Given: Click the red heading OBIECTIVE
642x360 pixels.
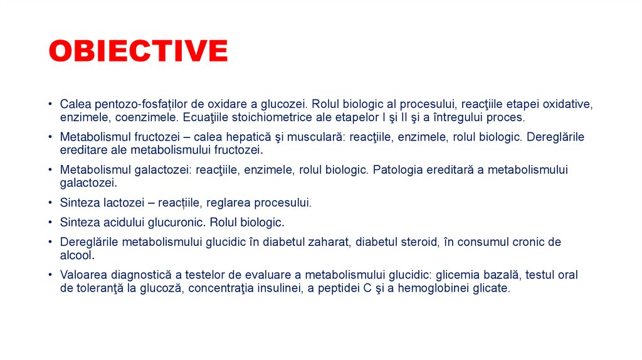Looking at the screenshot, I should tap(138, 51).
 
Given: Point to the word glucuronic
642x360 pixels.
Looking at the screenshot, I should tap(176, 222).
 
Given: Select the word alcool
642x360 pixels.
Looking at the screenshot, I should tap(76, 255).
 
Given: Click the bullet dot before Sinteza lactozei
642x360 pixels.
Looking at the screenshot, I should tap(50, 203).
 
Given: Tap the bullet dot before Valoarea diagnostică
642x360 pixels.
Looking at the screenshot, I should tap(50, 275).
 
